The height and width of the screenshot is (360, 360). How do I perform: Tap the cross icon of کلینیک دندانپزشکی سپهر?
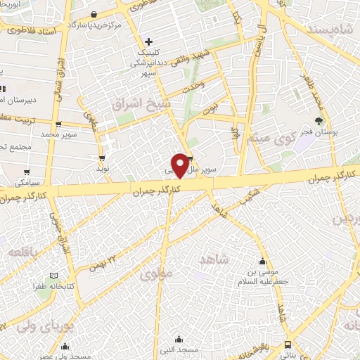tap(148, 42)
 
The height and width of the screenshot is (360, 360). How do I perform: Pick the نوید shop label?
tap(103, 169)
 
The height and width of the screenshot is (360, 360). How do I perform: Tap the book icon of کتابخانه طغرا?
tap(54, 276)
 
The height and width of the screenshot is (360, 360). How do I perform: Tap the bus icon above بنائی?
tap(288, 345)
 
